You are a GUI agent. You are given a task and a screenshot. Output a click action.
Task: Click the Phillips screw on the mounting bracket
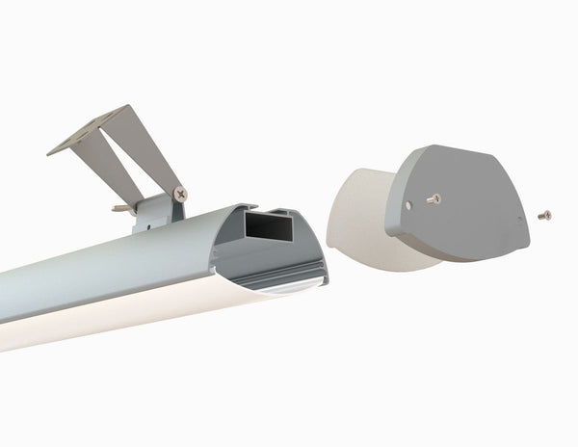[x=179, y=194]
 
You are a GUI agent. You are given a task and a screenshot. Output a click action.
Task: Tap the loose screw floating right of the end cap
[x=544, y=214]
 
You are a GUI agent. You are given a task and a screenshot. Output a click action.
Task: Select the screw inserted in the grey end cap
[x=434, y=198]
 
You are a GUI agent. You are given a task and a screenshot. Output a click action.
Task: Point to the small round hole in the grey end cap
[x=409, y=204]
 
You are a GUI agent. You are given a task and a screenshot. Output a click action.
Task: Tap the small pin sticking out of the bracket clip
[x=120, y=207]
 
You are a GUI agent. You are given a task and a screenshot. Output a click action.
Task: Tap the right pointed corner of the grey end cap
[x=527, y=237]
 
